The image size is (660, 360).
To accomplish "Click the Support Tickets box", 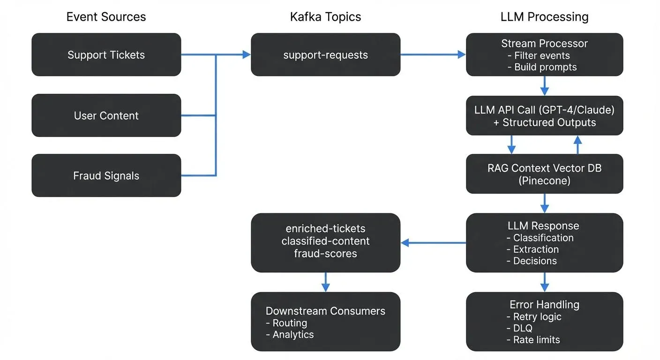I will tap(106, 55).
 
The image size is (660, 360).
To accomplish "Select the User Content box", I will tap(106, 116).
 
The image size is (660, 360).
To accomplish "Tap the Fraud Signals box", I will tap(106, 176).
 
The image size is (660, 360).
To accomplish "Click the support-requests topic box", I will tap(325, 55).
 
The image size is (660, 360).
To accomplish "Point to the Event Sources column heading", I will tap(106, 17).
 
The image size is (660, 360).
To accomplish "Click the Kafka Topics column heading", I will tap(325, 17).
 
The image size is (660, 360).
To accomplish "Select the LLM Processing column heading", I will tap(544, 17).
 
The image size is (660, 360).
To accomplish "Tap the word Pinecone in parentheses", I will tap(544, 180).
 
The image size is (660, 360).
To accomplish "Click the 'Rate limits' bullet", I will tap(533, 340).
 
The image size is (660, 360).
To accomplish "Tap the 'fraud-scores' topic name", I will tap(325, 254).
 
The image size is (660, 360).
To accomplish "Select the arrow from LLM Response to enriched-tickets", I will tap(433, 243).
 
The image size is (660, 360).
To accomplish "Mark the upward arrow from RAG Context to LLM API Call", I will tap(577, 145).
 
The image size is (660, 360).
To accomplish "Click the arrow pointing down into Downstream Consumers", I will tap(325, 282).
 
